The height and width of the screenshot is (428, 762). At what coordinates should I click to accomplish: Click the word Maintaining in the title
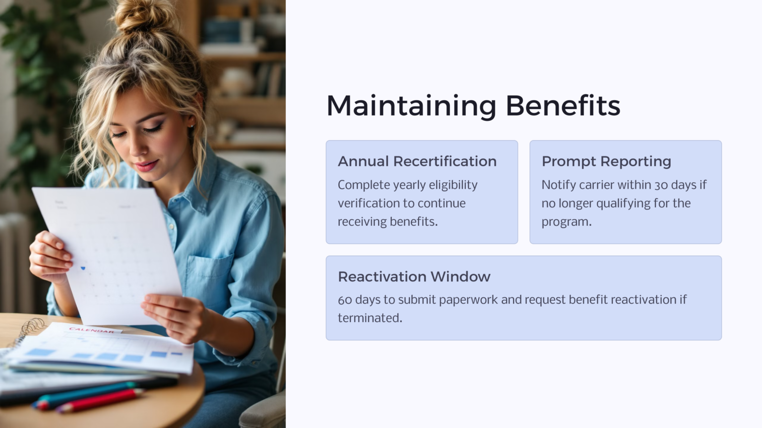point(411,106)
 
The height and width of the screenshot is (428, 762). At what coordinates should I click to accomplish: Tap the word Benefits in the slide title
point(563,106)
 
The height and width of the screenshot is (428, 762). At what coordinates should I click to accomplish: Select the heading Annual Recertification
point(417,161)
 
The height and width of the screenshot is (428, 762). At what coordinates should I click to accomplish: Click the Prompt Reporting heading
point(606,161)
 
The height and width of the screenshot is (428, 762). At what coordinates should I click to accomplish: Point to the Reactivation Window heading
point(414,276)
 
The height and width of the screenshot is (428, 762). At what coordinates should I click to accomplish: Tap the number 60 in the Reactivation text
point(345,300)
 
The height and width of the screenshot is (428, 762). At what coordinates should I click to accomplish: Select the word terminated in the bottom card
point(369,318)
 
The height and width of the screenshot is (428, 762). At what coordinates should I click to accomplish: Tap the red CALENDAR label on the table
point(92,330)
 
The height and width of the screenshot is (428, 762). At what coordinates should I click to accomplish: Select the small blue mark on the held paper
point(83,268)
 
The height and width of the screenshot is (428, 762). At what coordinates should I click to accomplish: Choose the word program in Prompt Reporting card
point(566,222)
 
